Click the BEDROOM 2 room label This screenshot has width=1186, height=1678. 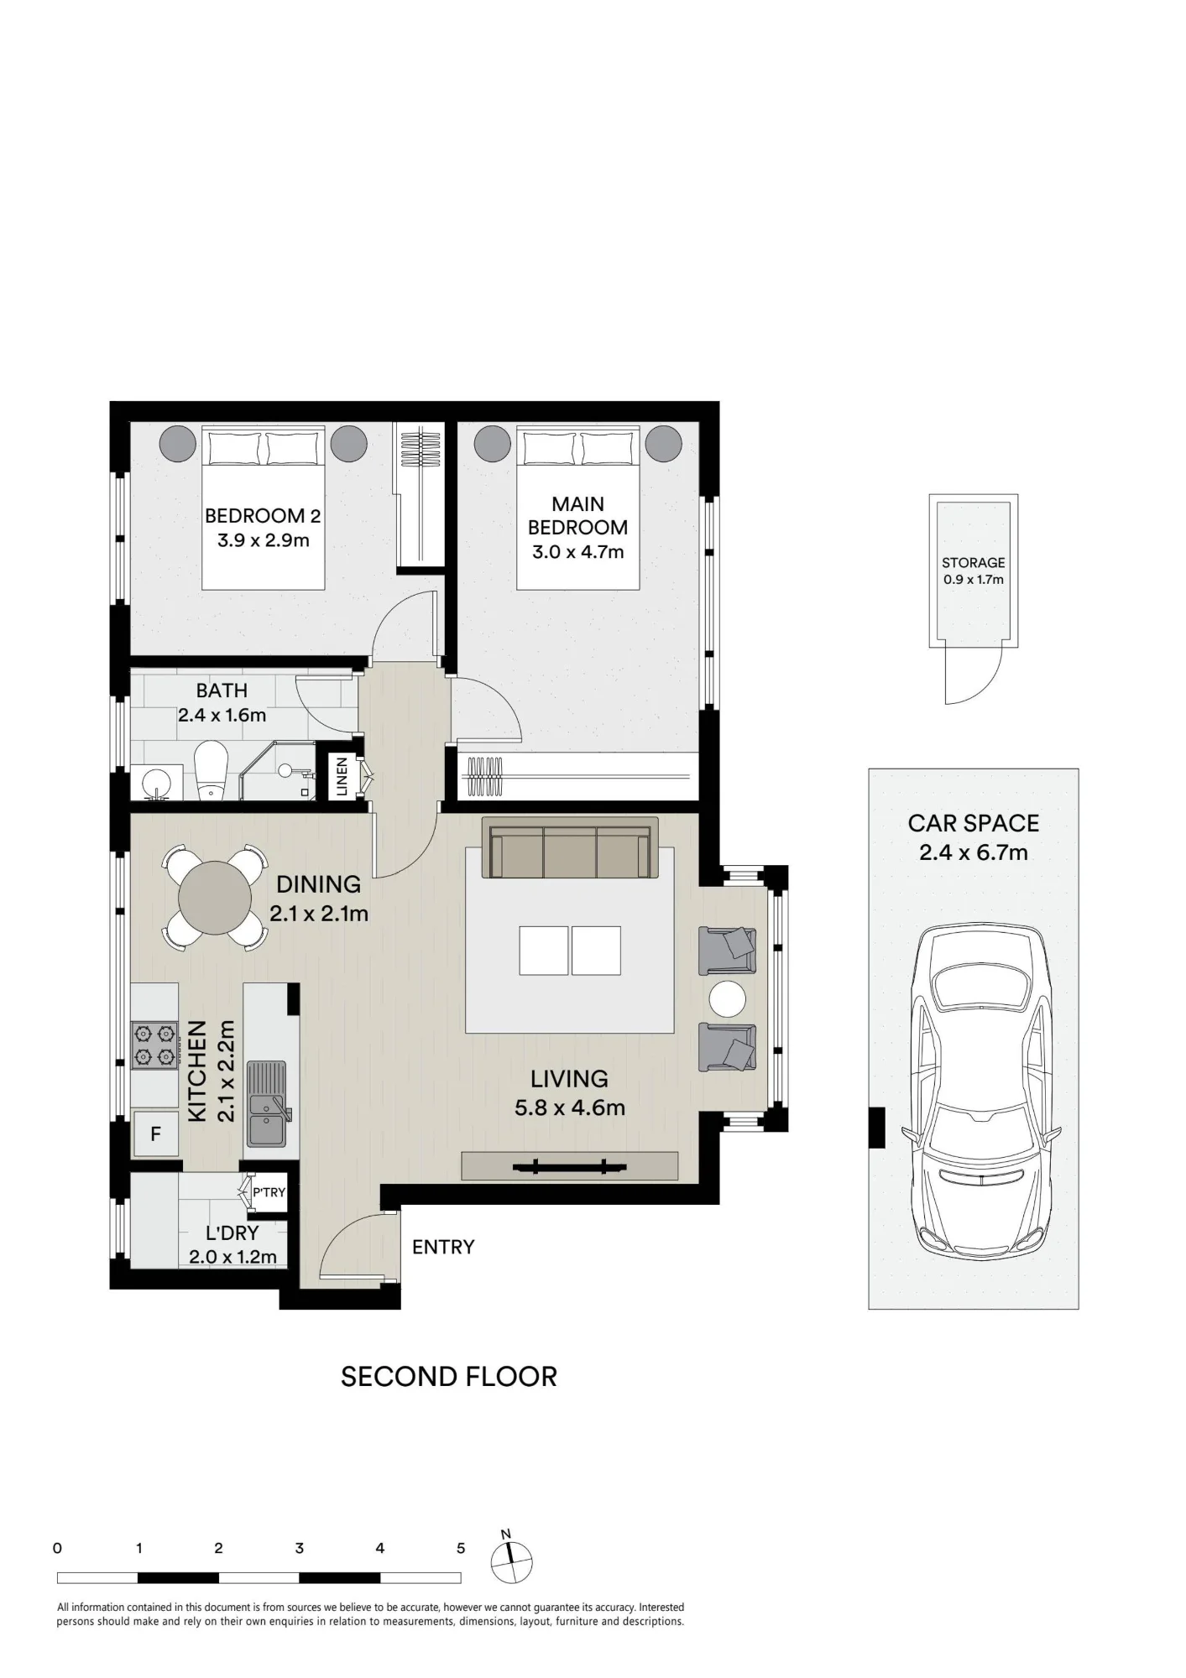263,515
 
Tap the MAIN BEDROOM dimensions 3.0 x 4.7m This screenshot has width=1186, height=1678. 577,552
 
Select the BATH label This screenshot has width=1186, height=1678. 222,690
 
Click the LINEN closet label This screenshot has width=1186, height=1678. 342,776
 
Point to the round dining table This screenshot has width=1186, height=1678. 215,898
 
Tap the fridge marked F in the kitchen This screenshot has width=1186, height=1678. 155,1134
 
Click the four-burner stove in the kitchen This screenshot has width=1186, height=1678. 154,1045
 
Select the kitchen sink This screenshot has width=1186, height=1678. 267,1104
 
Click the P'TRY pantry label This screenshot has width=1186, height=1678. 269,1192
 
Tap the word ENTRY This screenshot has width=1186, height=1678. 443,1247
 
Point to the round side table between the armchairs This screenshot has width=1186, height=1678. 727,999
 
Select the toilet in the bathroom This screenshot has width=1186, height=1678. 211,769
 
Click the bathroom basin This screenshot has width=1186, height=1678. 156,784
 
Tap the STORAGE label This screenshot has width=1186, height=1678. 973,562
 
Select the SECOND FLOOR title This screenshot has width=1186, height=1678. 449,1377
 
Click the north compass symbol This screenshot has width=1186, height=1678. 511,1560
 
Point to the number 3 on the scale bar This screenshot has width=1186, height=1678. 299,1548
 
